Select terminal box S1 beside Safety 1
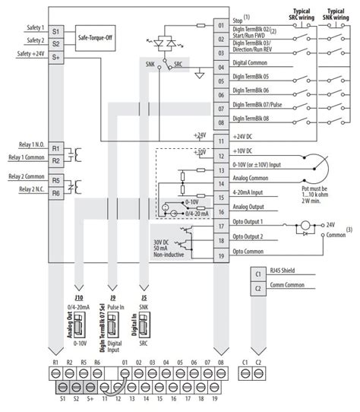(57, 28)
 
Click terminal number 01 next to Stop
(221, 26)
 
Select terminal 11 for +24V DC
(221, 141)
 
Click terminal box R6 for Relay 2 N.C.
(57, 193)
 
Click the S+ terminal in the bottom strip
(90, 398)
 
